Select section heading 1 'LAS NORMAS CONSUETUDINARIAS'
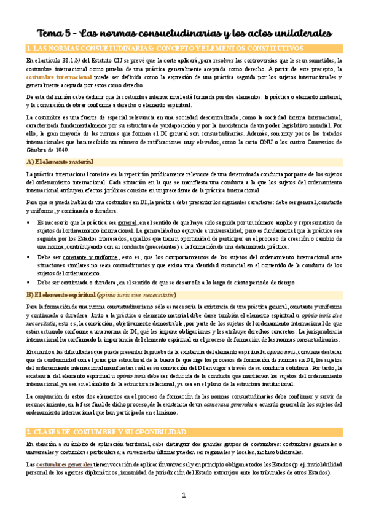(92, 48)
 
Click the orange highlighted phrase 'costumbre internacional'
(52, 77)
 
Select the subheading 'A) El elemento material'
(60, 162)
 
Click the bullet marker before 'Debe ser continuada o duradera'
(29, 283)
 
